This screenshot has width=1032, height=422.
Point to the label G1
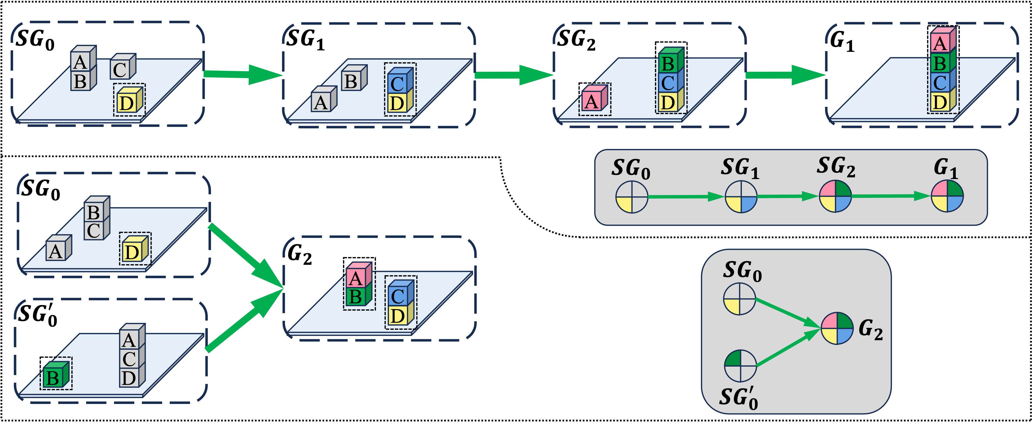[x=945, y=168]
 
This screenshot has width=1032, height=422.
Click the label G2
[x=870, y=329]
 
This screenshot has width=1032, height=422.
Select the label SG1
[x=739, y=168]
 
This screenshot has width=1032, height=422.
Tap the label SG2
[x=836, y=167]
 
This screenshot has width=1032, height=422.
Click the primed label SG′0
[x=738, y=398]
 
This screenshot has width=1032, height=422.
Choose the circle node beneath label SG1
[x=741, y=197]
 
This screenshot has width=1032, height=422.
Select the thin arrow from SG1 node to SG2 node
[x=787, y=197]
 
